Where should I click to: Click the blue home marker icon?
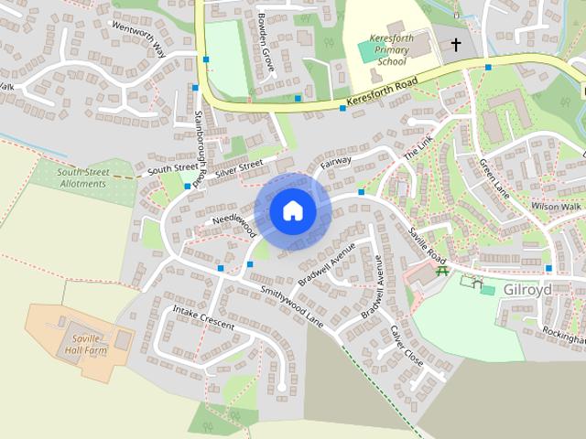[x=292, y=210]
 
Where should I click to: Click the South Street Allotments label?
[x=81, y=177]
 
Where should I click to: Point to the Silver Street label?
[x=239, y=168]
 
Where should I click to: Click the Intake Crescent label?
[x=203, y=318]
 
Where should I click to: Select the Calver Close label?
[x=407, y=346]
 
